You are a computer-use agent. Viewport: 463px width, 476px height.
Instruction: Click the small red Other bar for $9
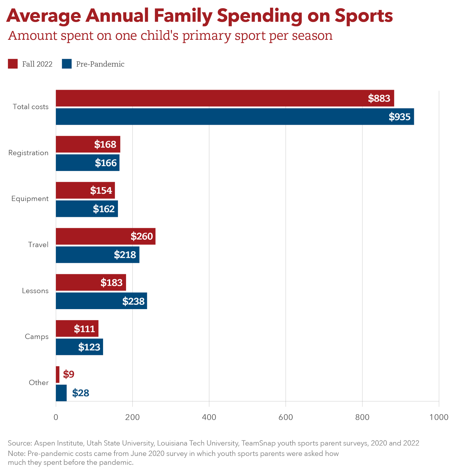coord(58,375)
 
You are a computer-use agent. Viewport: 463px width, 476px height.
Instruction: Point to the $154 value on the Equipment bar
coord(101,191)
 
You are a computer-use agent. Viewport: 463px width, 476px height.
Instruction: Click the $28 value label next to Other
coord(81,393)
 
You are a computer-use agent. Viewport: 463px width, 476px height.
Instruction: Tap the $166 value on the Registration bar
coord(106,163)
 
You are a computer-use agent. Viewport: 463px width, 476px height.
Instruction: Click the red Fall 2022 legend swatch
coord(13,64)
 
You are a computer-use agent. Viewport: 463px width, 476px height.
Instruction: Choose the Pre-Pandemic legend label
coord(100,64)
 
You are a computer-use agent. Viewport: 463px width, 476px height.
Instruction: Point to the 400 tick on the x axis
coord(209,417)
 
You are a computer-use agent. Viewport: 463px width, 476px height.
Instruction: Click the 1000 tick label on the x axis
coord(439,417)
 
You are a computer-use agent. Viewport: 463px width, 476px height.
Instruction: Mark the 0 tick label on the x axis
coord(56,417)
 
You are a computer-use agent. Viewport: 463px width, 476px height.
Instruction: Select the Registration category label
coord(28,153)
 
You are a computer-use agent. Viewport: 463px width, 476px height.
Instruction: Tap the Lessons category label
coord(35,291)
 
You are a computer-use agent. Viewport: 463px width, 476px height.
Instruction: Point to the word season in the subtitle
coord(312,36)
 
